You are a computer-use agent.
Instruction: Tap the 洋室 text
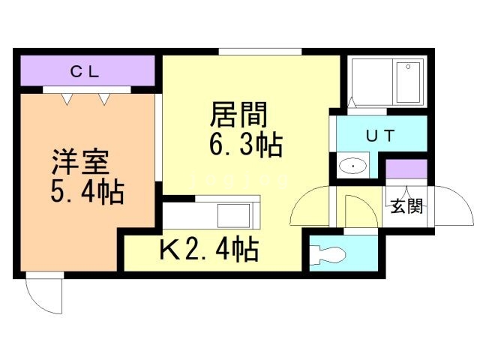[x=81, y=163]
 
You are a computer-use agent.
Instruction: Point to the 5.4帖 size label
[x=87, y=193]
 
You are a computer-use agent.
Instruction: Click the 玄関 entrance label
[x=406, y=206]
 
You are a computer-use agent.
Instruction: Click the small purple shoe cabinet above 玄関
[x=406, y=169]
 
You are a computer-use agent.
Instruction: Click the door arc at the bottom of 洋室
[x=45, y=295]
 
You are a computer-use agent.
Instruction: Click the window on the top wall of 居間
[x=260, y=52]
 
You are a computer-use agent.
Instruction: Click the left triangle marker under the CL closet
[x=67, y=97]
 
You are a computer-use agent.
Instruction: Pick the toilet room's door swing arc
[x=352, y=208]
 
